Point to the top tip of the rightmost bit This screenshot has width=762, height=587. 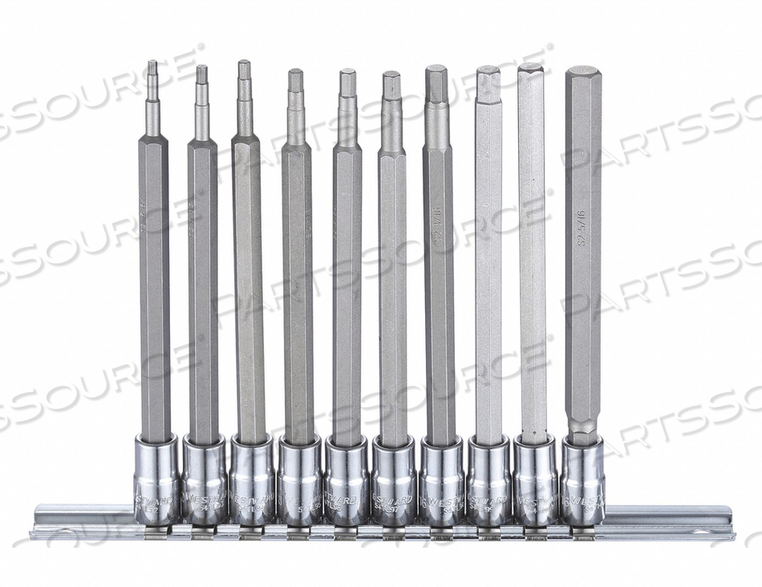(582, 72)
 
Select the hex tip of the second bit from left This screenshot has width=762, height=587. (201, 75)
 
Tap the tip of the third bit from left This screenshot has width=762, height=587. (244, 70)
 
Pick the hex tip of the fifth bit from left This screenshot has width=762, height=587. (347, 80)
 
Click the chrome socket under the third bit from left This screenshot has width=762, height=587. (252, 480)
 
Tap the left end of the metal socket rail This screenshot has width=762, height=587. (40, 521)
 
